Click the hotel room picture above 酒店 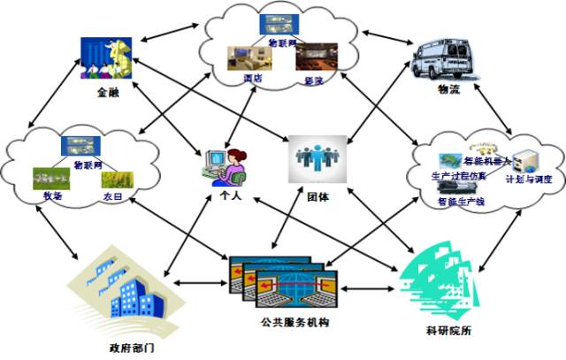pyautogui.click(x=244, y=58)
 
